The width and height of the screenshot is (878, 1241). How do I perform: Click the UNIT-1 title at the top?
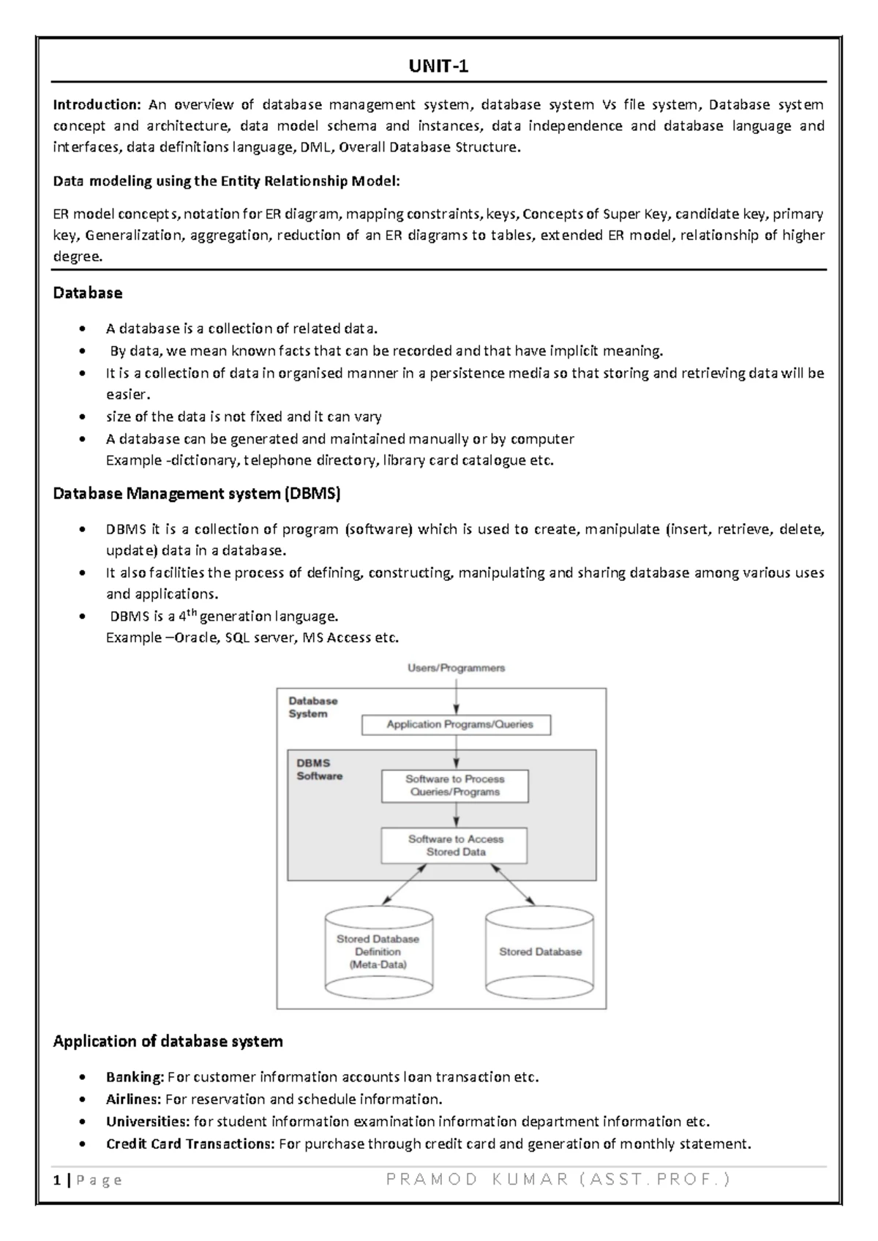pos(438,67)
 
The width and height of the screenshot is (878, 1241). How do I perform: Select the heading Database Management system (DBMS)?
pos(197,494)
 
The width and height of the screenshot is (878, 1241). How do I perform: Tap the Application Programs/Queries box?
pos(456,724)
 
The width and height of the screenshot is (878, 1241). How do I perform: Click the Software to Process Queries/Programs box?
pos(454,785)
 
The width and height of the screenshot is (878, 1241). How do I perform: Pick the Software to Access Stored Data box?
pos(454,845)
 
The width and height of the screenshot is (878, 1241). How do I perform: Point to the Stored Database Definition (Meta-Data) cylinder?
pos(378,952)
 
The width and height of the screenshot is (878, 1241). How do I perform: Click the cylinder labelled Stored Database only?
pos(540,952)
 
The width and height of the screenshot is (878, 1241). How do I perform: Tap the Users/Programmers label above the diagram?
pos(456,668)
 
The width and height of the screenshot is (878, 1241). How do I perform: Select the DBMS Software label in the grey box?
pos(318,769)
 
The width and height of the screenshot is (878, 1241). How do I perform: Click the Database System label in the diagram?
pos(312,707)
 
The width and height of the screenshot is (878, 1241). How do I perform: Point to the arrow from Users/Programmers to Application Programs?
pos(457,694)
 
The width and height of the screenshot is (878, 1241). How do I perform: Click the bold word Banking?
pos(135,1077)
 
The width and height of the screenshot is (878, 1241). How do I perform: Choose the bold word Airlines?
pos(133,1099)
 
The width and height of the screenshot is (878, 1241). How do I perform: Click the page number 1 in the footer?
pos(56,1180)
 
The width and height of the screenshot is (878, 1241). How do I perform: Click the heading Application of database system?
pos(168,1041)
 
